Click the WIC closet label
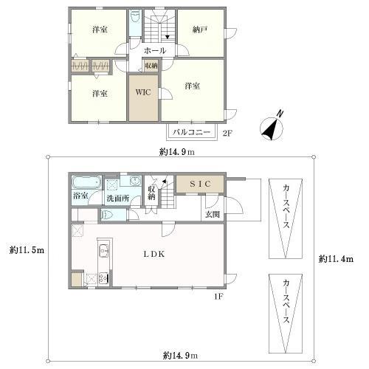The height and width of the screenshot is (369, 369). (142, 93)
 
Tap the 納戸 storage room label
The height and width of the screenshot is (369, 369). (200, 30)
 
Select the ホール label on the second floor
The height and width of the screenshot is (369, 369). (154, 50)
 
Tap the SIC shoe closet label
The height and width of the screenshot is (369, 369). (200, 182)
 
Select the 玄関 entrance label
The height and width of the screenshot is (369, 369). (212, 215)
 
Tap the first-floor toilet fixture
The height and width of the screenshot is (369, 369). (108, 215)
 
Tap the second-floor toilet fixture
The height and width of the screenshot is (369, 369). (134, 18)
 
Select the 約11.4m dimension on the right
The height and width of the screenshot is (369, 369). (336, 259)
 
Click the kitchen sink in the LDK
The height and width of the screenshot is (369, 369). (103, 249)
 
